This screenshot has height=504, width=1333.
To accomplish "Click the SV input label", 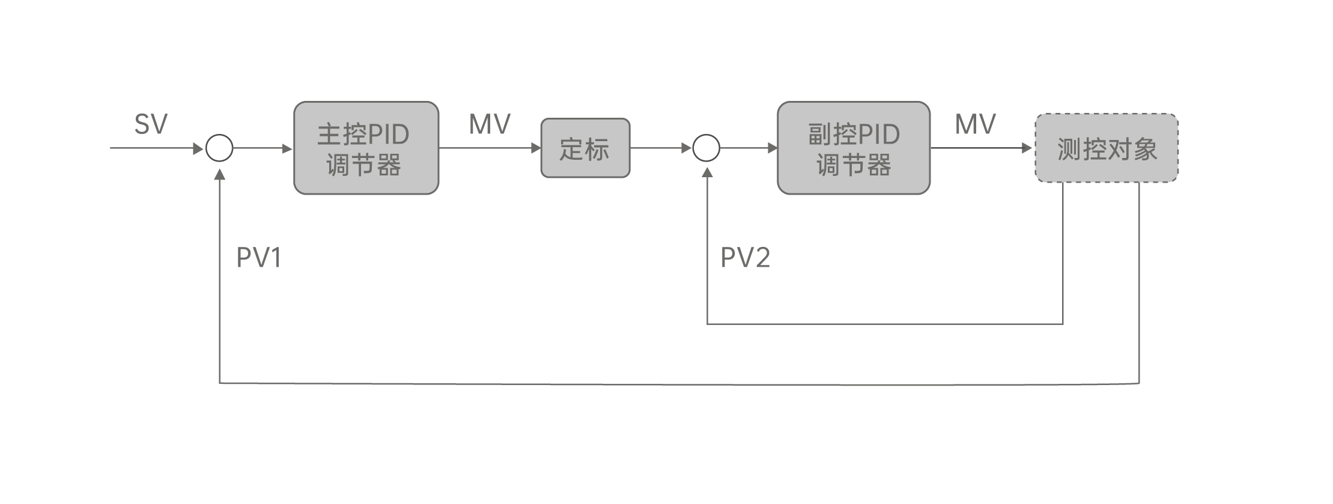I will pos(151,125).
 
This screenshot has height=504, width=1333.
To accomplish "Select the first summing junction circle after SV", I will pos(219,148).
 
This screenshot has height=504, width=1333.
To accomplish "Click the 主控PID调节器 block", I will pos(366,148).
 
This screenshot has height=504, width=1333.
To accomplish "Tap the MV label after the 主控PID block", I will pos(490,125).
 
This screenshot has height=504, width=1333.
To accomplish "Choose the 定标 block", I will pos(585,148).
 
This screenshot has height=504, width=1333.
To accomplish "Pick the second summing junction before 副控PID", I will pos(706,148).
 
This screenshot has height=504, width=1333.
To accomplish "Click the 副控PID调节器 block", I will pos(853,148).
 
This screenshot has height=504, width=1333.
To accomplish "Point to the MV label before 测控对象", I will pos(975,125).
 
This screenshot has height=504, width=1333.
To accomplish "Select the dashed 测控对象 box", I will pos(1106,148).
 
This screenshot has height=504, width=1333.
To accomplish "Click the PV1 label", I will pos(259,258).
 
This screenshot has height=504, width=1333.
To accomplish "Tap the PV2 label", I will pos(745,258).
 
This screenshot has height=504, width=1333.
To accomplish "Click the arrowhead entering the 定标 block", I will pos(536,148).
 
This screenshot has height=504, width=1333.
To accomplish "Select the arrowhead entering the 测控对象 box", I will pos(1027,148).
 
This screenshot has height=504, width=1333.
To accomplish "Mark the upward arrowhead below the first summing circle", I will pos(220,174).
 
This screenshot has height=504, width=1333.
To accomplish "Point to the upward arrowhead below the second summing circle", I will pos(707,173).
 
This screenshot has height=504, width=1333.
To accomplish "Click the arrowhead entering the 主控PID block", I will pos(288,148).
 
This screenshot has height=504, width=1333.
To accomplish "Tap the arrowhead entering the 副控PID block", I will pos(773,148).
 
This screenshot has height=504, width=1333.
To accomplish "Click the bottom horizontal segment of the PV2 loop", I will pos(883,324).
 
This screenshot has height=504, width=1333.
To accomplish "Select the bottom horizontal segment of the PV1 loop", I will pos(679,383).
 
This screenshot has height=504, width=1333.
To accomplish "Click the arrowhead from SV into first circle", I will pos(198,148).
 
